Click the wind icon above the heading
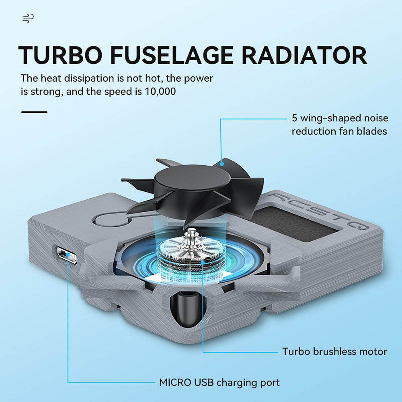pyautogui.click(x=28, y=18)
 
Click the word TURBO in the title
pyautogui.click(x=60, y=55)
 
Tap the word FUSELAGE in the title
pyautogui.click(x=172, y=55)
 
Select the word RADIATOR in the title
pyautogui.click(x=304, y=55)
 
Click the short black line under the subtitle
pyautogui.click(x=34, y=112)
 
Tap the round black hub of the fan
pyautogui.click(x=192, y=179)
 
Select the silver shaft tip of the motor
pyautogui.click(x=190, y=232)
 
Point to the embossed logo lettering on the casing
pyautogui.click(x=318, y=210)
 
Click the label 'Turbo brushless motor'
pyautogui.click(x=334, y=351)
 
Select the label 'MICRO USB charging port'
pyautogui.click(x=219, y=383)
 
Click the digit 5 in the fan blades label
pyautogui.click(x=295, y=118)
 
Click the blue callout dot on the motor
pyautogui.click(x=203, y=262)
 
